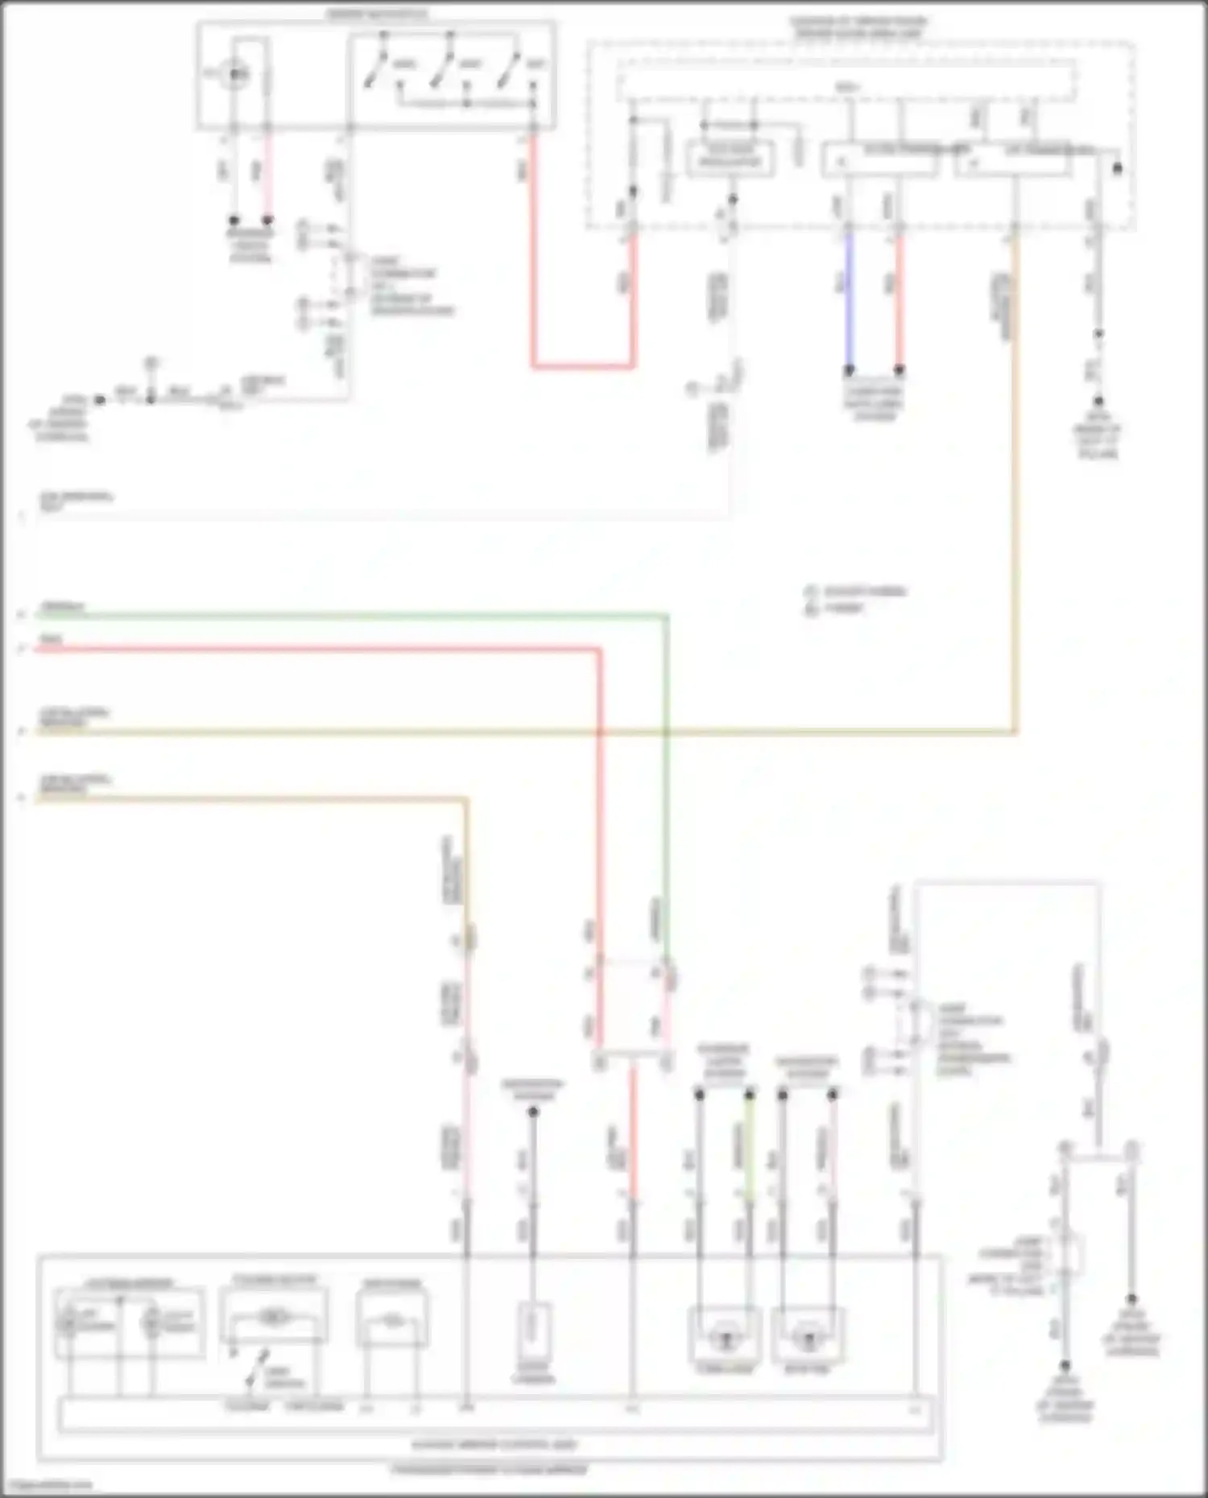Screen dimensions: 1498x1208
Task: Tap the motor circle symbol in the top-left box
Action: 234,74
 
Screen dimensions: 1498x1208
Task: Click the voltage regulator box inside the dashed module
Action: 730,157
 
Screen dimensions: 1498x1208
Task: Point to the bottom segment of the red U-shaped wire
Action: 582,366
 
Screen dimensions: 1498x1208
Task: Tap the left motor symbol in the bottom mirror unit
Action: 724,1339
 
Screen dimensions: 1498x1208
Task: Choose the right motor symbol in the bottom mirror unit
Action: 808,1339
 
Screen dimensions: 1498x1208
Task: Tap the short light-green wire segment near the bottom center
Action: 749,1151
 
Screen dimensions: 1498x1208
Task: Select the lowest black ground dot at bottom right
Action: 1064,1366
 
